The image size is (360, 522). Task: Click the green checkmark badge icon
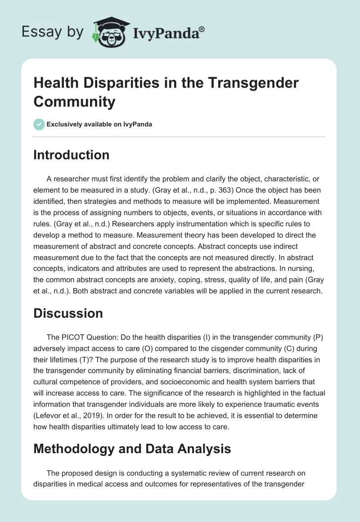click(x=39, y=124)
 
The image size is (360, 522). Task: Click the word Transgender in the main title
click(x=239, y=84)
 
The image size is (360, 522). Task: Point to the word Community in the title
click(x=74, y=102)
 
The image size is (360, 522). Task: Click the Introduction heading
click(x=71, y=155)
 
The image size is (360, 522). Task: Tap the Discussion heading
click(x=68, y=313)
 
